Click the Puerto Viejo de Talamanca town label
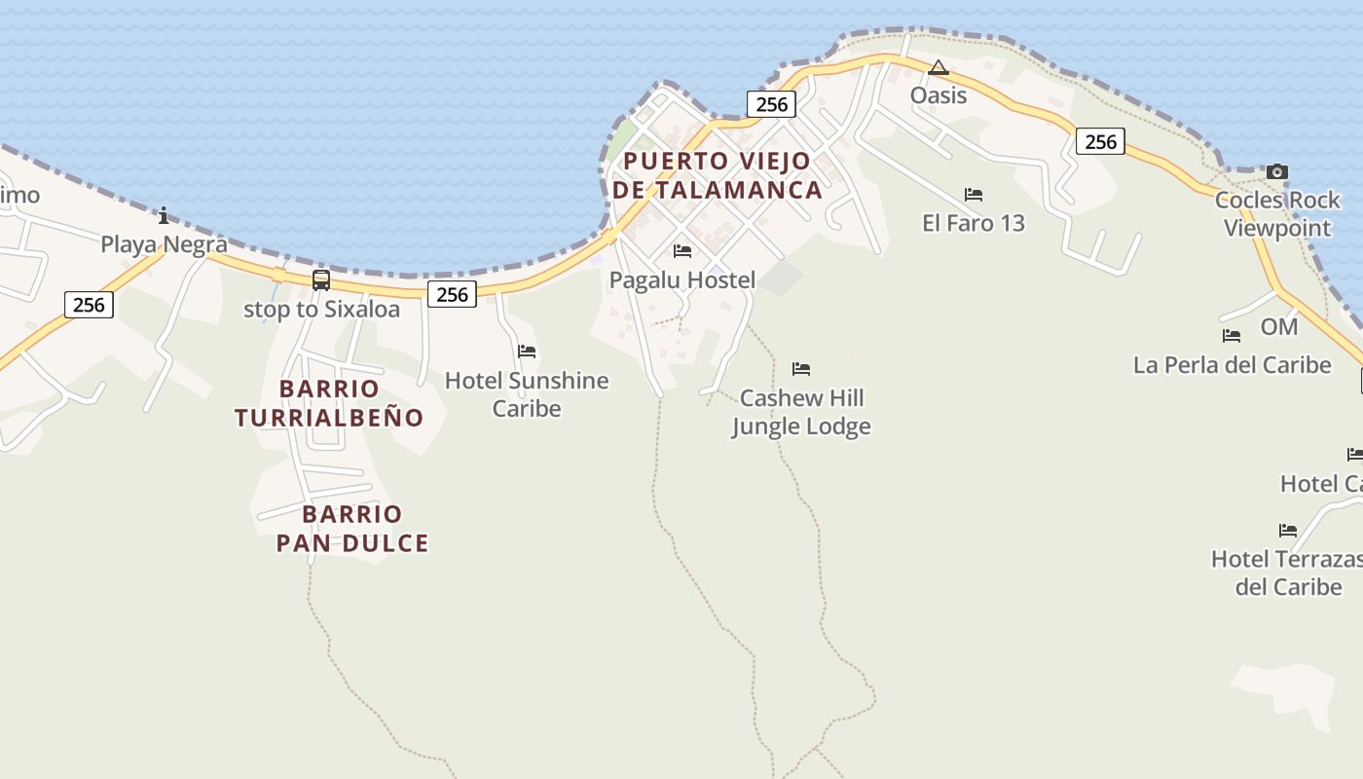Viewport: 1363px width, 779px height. pyautogui.click(x=718, y=175)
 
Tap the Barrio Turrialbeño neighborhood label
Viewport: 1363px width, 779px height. pyautogui.click(x=329, y=403)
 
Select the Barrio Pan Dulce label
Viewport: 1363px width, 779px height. pyautogui.click(x=352, y=529)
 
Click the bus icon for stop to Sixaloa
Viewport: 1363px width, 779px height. pyautogui.click(x=321, y=280)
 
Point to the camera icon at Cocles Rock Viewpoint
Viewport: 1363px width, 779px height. pyautogui.click(x=1276, y=172)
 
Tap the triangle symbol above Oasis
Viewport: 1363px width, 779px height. pyautogui.click(x=938, y=67)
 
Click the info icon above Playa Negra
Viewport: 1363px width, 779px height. pyautogui.click(x=164, y=215)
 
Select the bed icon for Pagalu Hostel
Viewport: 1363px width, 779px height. pyautogui.click(x=682, y=251)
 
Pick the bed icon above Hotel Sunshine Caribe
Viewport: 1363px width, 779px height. pyautogui.click(x=527, y=351)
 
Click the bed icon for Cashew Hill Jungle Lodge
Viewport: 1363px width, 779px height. pyautogui.click(x=801, y=369)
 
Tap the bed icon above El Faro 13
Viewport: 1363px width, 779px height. pyautogui.click(x=974, y=195)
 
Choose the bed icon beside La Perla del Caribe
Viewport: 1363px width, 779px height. pyautogui.click(x=1232, y=336)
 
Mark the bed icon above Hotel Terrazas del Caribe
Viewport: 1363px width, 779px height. pyautogui.click(x=1288, y=531)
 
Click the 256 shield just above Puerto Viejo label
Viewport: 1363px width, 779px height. pyautogui.click(x=771, y=104)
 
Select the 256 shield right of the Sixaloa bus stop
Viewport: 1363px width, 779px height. pyautogui.click(x=453, y=294)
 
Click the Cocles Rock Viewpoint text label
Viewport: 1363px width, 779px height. pyautogui.click(x=1277, y=214)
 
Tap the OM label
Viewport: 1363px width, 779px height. pyautogui.click(x=1279, y=327)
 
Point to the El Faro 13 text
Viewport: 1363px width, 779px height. pyautogui.click(x=974, y=223)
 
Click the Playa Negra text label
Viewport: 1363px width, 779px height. pyautogui.click(x=164, y=243)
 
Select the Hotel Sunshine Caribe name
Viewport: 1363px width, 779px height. pyautogui.click(x=527, y=393)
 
